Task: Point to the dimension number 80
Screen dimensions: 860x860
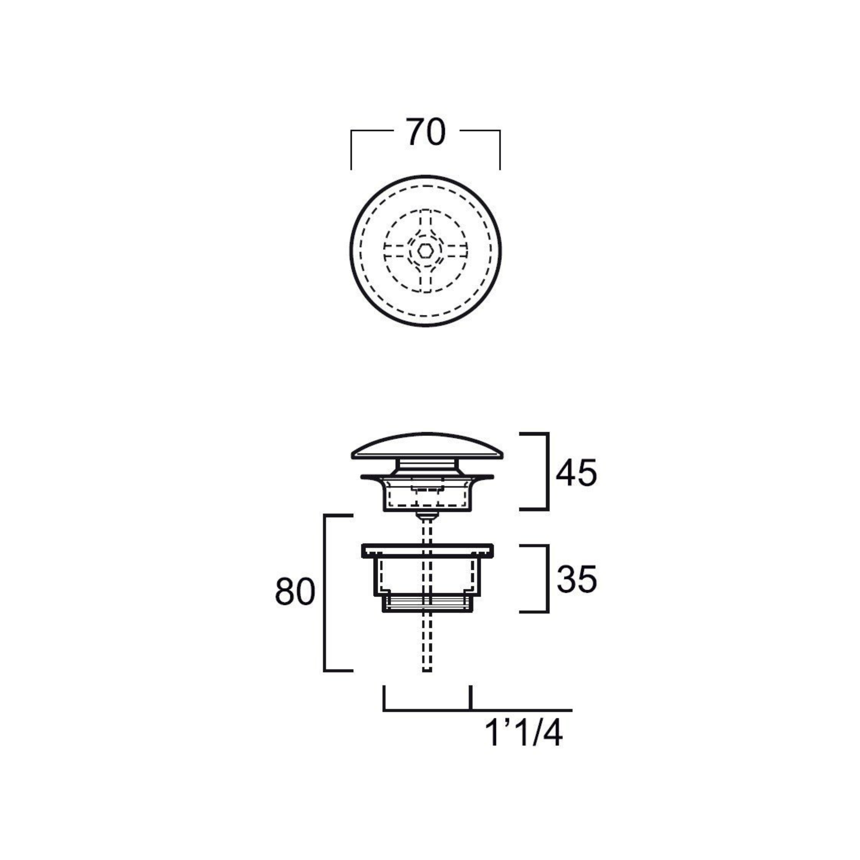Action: coord(295,592)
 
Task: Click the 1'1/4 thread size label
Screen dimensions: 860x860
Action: coord(524,734)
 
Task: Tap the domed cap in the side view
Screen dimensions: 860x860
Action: coord(427,446)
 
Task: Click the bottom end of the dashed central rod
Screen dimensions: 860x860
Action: coord(427,683)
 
